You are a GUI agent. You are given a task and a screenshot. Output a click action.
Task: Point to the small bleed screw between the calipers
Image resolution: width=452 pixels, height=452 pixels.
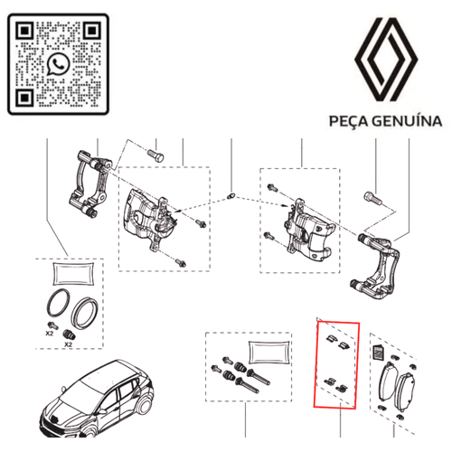point(233,195)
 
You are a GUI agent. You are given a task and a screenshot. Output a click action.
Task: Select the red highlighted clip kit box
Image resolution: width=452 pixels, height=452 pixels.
point(335,365)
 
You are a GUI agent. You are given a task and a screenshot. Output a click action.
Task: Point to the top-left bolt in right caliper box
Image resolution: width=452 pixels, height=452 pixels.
point(272,189)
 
